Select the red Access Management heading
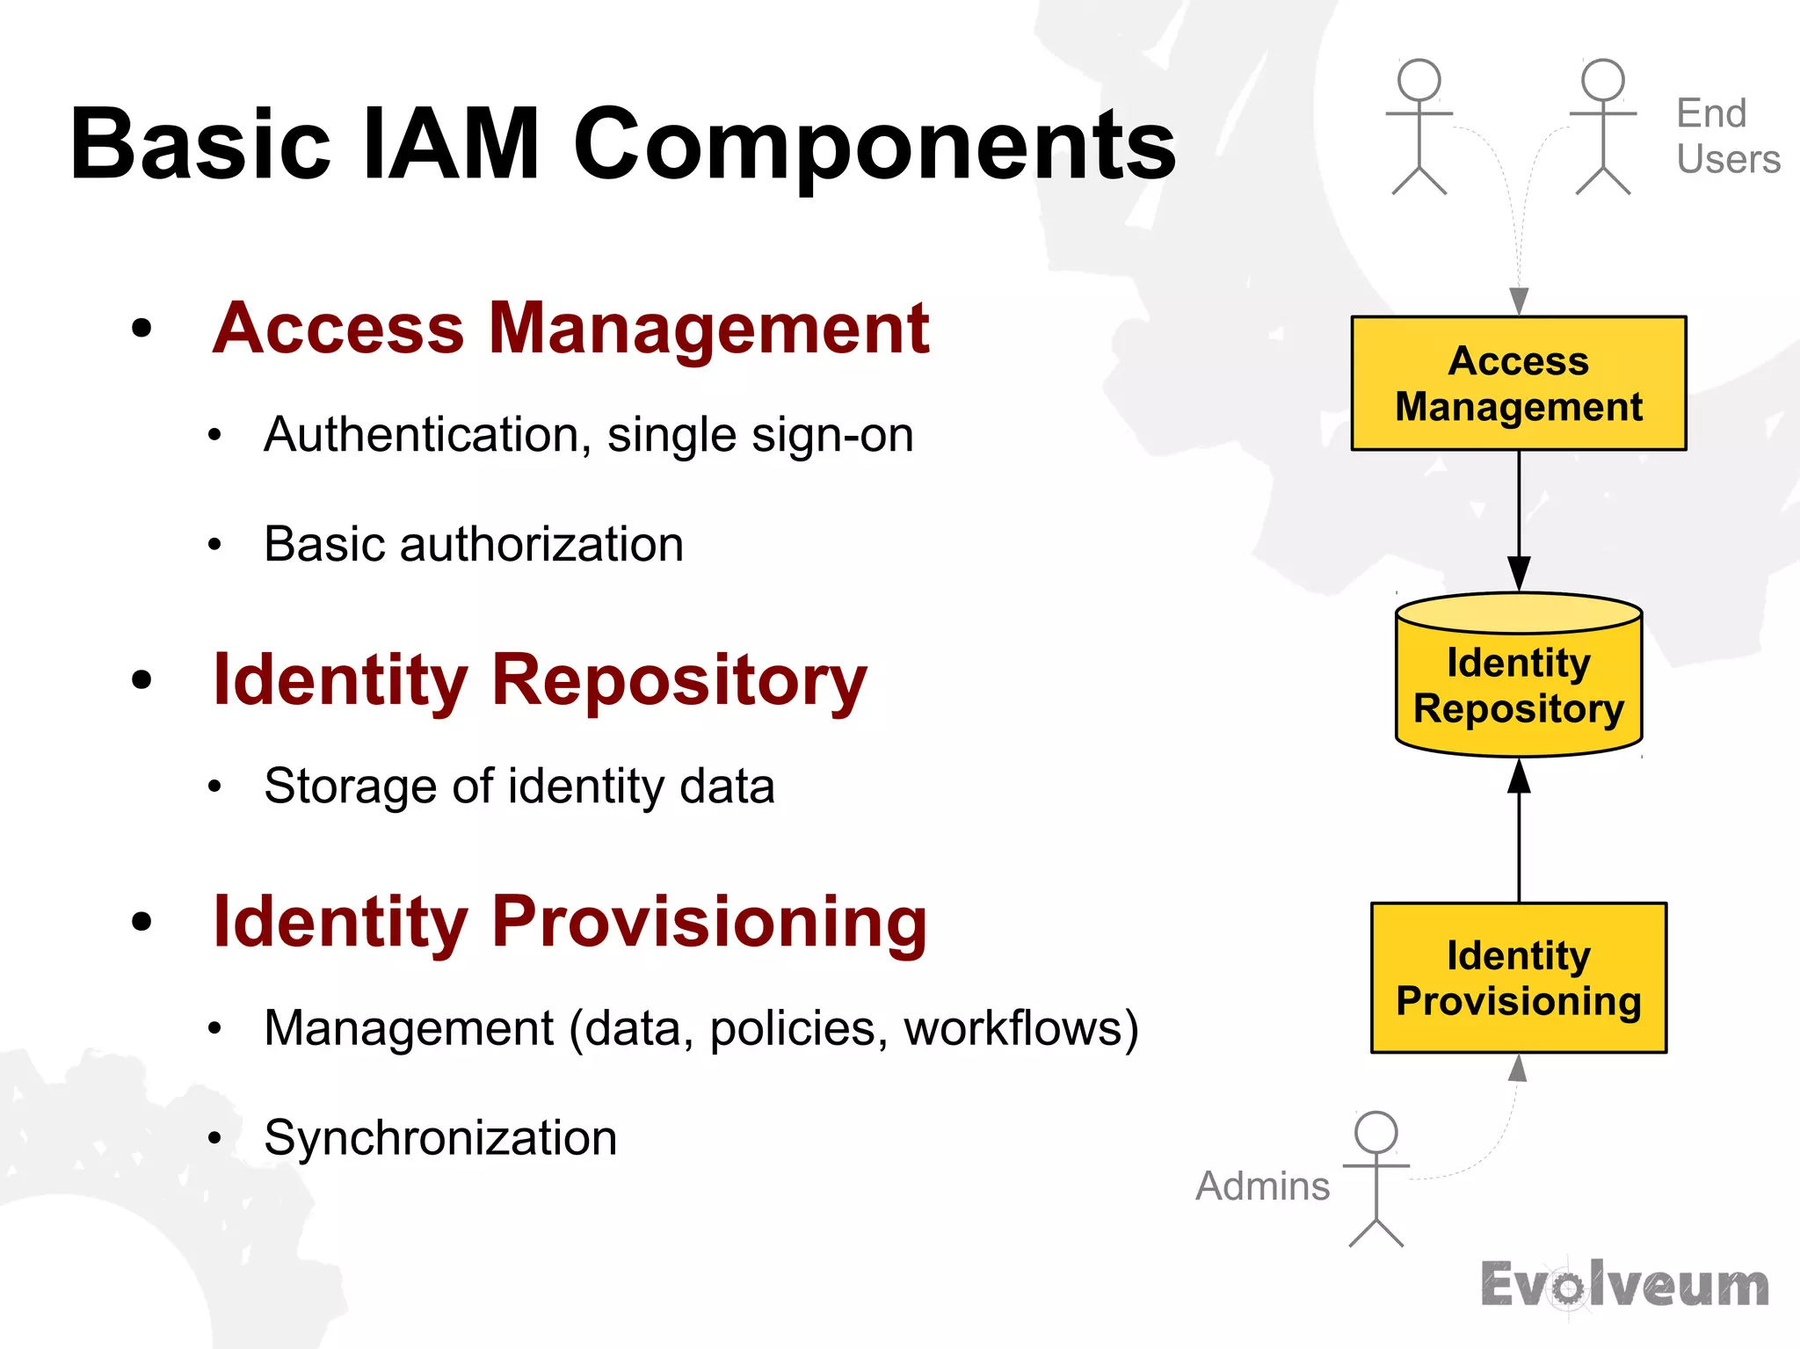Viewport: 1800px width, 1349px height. (571, 329)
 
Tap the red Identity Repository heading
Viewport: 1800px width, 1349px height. (540, 680)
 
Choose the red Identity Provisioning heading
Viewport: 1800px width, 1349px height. (570, 922)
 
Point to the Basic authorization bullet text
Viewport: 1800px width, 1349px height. (474, 544)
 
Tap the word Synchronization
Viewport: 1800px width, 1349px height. (440, 1138)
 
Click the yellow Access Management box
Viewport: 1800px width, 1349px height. (1518, 384)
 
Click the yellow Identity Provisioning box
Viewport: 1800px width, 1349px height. (1518, 978)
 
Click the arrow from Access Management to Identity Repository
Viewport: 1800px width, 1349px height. (1519, 519)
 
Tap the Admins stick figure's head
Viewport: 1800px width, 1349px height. (1375, 1133)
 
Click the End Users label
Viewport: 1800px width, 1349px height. (1727, 136)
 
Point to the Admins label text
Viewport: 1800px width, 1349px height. (1262, 1186)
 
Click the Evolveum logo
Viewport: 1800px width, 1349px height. (1624, 1285)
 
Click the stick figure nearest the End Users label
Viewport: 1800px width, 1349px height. (1602, 127)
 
